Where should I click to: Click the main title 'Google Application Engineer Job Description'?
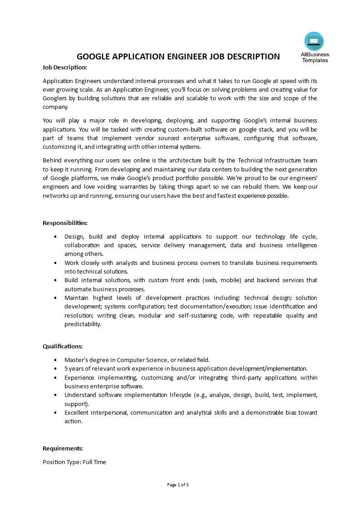coord(178,57)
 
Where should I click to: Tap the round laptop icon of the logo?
coord(314,41)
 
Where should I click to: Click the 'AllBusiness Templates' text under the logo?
coord(315,57)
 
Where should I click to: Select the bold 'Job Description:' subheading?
coord(64,67)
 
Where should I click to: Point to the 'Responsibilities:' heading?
coord(65,223)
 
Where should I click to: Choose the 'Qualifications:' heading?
coord(63,346)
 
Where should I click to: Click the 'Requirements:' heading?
coord(63,448)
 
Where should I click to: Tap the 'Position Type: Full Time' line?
coord(74,462)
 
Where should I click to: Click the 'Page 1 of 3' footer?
coord(178,485)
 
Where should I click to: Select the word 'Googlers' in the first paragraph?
coord(55,98)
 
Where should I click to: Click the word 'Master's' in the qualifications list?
coord(75,360)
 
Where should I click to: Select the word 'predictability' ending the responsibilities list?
coord(83,324)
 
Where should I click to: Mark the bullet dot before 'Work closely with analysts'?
coord(55,263)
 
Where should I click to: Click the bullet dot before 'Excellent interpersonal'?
coord(55,412)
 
